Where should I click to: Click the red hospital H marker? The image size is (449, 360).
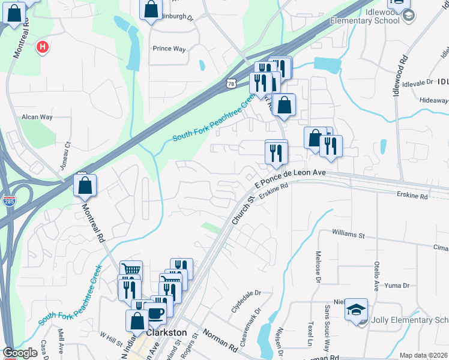[43, 47]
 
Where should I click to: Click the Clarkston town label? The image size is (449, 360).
[166, 332]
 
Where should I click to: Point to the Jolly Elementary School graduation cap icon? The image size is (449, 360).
[356, 309]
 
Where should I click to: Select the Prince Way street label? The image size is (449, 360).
[169, 49]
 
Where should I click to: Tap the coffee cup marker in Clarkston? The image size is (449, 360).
[155, 313]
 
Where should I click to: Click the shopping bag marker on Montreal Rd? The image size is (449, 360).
[85, 185]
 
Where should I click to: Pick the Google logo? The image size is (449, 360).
[20, 353]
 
